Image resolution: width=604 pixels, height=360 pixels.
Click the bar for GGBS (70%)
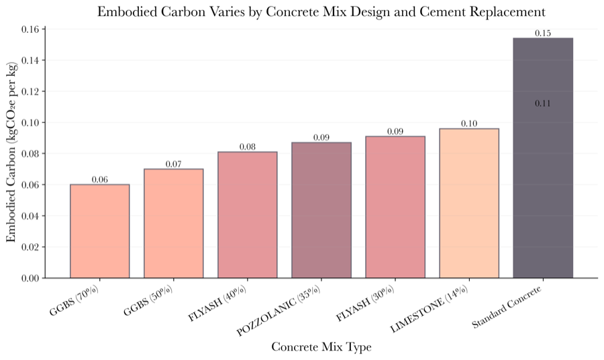99,231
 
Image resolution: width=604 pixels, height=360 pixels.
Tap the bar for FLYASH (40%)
247,215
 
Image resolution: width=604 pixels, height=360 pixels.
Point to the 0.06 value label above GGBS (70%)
99,179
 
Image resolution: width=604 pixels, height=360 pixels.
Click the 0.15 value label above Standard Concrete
543,33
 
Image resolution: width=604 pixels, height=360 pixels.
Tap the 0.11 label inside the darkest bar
543,103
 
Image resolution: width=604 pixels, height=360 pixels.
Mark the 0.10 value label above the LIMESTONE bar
469,124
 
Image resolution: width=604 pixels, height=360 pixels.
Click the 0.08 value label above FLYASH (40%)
247,146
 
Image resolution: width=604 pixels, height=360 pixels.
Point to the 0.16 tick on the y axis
31,29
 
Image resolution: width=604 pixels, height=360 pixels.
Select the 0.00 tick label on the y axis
31,278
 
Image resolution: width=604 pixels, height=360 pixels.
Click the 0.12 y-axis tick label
31,91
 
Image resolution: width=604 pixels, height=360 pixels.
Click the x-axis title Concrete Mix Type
321,347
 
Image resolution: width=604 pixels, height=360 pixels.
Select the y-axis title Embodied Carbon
11,153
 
